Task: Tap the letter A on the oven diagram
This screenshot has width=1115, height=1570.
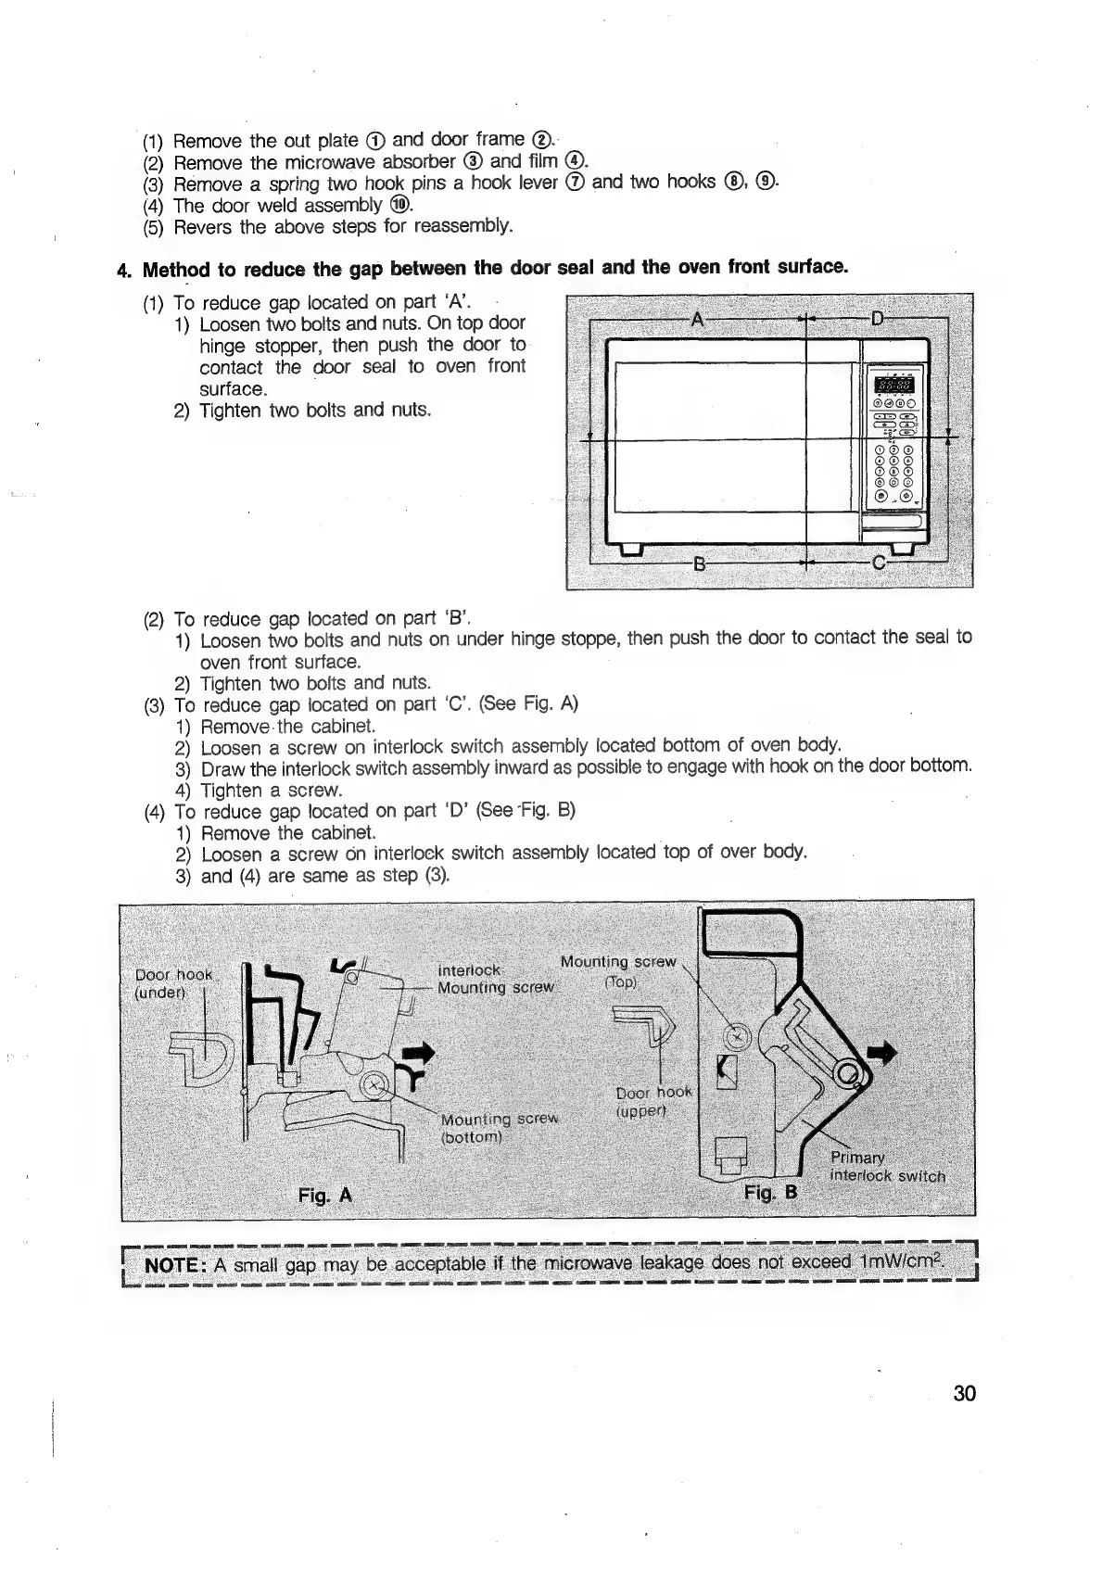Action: (x=699, y=319)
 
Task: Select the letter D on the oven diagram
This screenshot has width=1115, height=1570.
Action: (x=877, y=319)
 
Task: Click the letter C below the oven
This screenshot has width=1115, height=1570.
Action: (x=879, y=563)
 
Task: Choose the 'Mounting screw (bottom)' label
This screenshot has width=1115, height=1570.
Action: (x=499, y=1128)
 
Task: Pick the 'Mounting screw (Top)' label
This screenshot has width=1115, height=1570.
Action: (x=619, y=972)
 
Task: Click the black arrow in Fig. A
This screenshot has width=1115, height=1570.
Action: (x=420, y=1052)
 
